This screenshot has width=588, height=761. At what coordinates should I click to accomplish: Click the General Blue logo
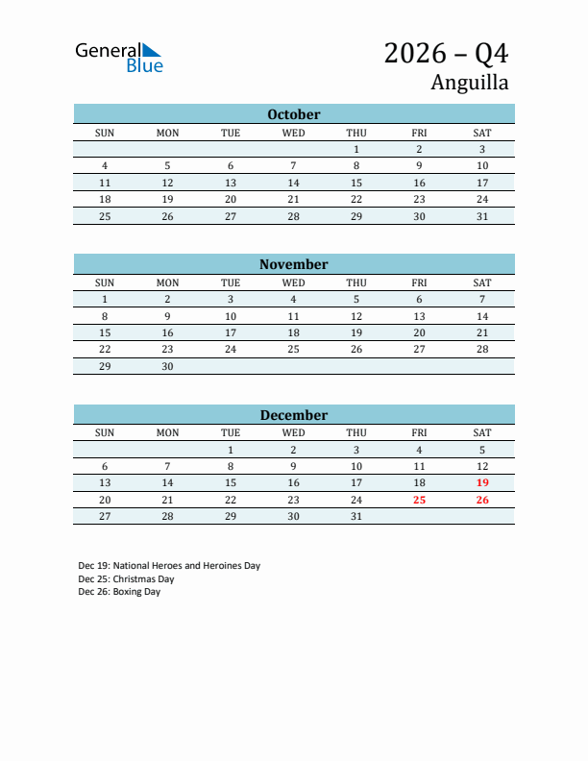coord(119,57)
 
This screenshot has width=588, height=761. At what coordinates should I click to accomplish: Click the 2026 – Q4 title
coord(446,53)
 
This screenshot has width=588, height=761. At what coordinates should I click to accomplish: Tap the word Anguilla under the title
coord(469,83)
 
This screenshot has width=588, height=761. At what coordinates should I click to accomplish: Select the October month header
coord(294,114)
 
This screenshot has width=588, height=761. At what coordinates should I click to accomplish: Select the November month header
coord(294,264)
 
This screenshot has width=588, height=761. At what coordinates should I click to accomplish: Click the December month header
coord(294,415)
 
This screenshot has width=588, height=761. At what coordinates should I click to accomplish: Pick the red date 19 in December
coord(482,482)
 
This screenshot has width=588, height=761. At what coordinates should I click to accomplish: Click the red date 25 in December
coord(419,500)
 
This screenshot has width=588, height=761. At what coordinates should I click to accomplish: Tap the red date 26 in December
coord(482,500)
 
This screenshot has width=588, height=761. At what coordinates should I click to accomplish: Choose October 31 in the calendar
coord(482,216)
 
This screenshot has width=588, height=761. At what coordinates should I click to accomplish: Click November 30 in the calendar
coord(167,366)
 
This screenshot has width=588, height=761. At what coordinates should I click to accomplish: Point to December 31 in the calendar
coord(356,516)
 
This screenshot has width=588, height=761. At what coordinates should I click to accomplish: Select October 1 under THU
coord(356,149)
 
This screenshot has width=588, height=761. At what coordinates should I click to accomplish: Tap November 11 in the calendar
coord(294,316)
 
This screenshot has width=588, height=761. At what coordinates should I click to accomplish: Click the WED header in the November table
coord(294,282)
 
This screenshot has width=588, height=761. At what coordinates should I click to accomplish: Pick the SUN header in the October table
coord(105,133)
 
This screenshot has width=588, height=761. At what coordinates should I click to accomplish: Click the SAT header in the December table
coord(482,432)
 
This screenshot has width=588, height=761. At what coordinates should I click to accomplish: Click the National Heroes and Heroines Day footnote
coord(169,566)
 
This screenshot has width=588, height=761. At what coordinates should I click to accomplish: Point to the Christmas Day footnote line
coord(126,579)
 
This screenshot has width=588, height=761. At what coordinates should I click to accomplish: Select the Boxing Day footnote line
coord(119,592)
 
